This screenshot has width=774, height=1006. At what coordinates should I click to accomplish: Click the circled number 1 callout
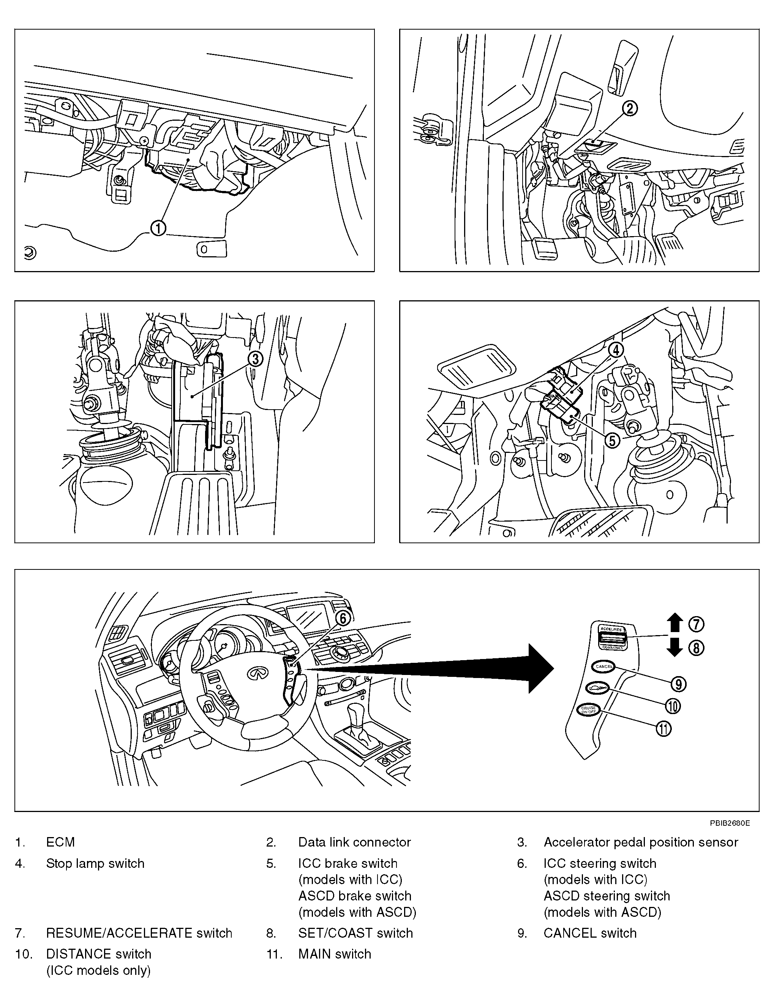click(x=158, y=228)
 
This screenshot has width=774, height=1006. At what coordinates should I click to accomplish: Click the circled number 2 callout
click(x=630, y=108)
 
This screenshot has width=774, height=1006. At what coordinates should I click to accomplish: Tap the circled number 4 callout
click(x=616, y=350)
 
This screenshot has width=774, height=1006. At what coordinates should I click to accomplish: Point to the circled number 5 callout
click(x=612, y=441)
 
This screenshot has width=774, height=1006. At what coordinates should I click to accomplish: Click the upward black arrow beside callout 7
click(x=675, y=623)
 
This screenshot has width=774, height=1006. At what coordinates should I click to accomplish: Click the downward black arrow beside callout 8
click(x=675, y=648)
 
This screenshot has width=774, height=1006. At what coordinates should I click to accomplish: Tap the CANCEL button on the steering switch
click(x=603, y=666)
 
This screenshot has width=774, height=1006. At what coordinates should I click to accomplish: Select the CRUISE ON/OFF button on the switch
click(x=588, y=710)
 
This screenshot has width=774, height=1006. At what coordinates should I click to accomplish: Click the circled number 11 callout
click(x=663, y=728)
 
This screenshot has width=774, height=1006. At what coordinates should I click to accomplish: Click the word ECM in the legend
click(x=60, y=842)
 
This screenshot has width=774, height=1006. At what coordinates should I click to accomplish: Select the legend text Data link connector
click(x=354, y=842)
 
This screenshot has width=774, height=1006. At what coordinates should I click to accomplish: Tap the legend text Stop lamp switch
click(x=95, y=863)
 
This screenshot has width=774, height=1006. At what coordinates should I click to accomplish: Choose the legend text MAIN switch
click(x=335, y=954)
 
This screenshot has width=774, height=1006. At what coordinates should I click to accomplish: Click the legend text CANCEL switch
click(x=590, y=933)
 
